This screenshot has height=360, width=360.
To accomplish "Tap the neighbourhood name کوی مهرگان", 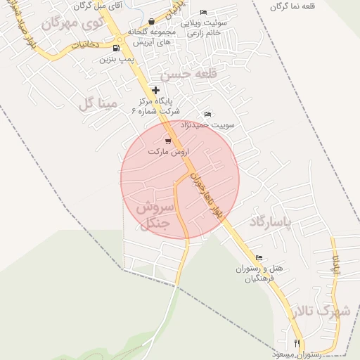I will (x=72, y=22).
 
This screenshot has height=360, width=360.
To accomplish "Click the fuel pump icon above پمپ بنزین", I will (x=116, y=49).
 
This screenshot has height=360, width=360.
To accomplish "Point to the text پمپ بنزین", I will (x=116, y=60).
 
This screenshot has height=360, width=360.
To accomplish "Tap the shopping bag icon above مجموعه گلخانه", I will (x=151, y=22).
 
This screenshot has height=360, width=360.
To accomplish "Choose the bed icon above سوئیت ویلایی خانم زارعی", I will (x=203, y=13).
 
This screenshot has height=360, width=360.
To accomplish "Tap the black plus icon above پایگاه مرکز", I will (x=156, y=89).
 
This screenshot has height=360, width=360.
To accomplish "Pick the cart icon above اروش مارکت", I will (x=167, y=141).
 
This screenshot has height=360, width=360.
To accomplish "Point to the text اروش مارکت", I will (x=166, y=151).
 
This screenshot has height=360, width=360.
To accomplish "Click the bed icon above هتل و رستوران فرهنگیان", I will (x=259, y=258).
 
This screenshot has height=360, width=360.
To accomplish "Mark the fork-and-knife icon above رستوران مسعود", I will (x=297, y=342).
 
